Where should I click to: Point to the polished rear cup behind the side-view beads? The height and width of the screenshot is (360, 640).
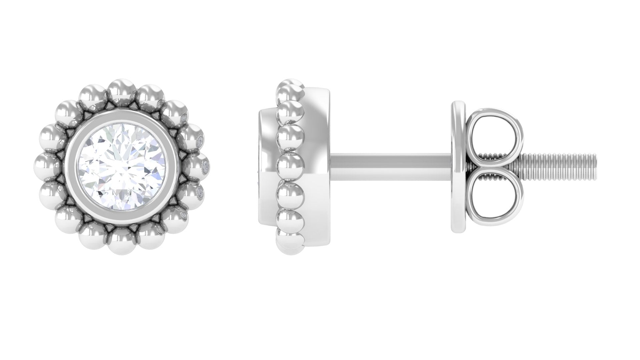pos(320,133)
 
